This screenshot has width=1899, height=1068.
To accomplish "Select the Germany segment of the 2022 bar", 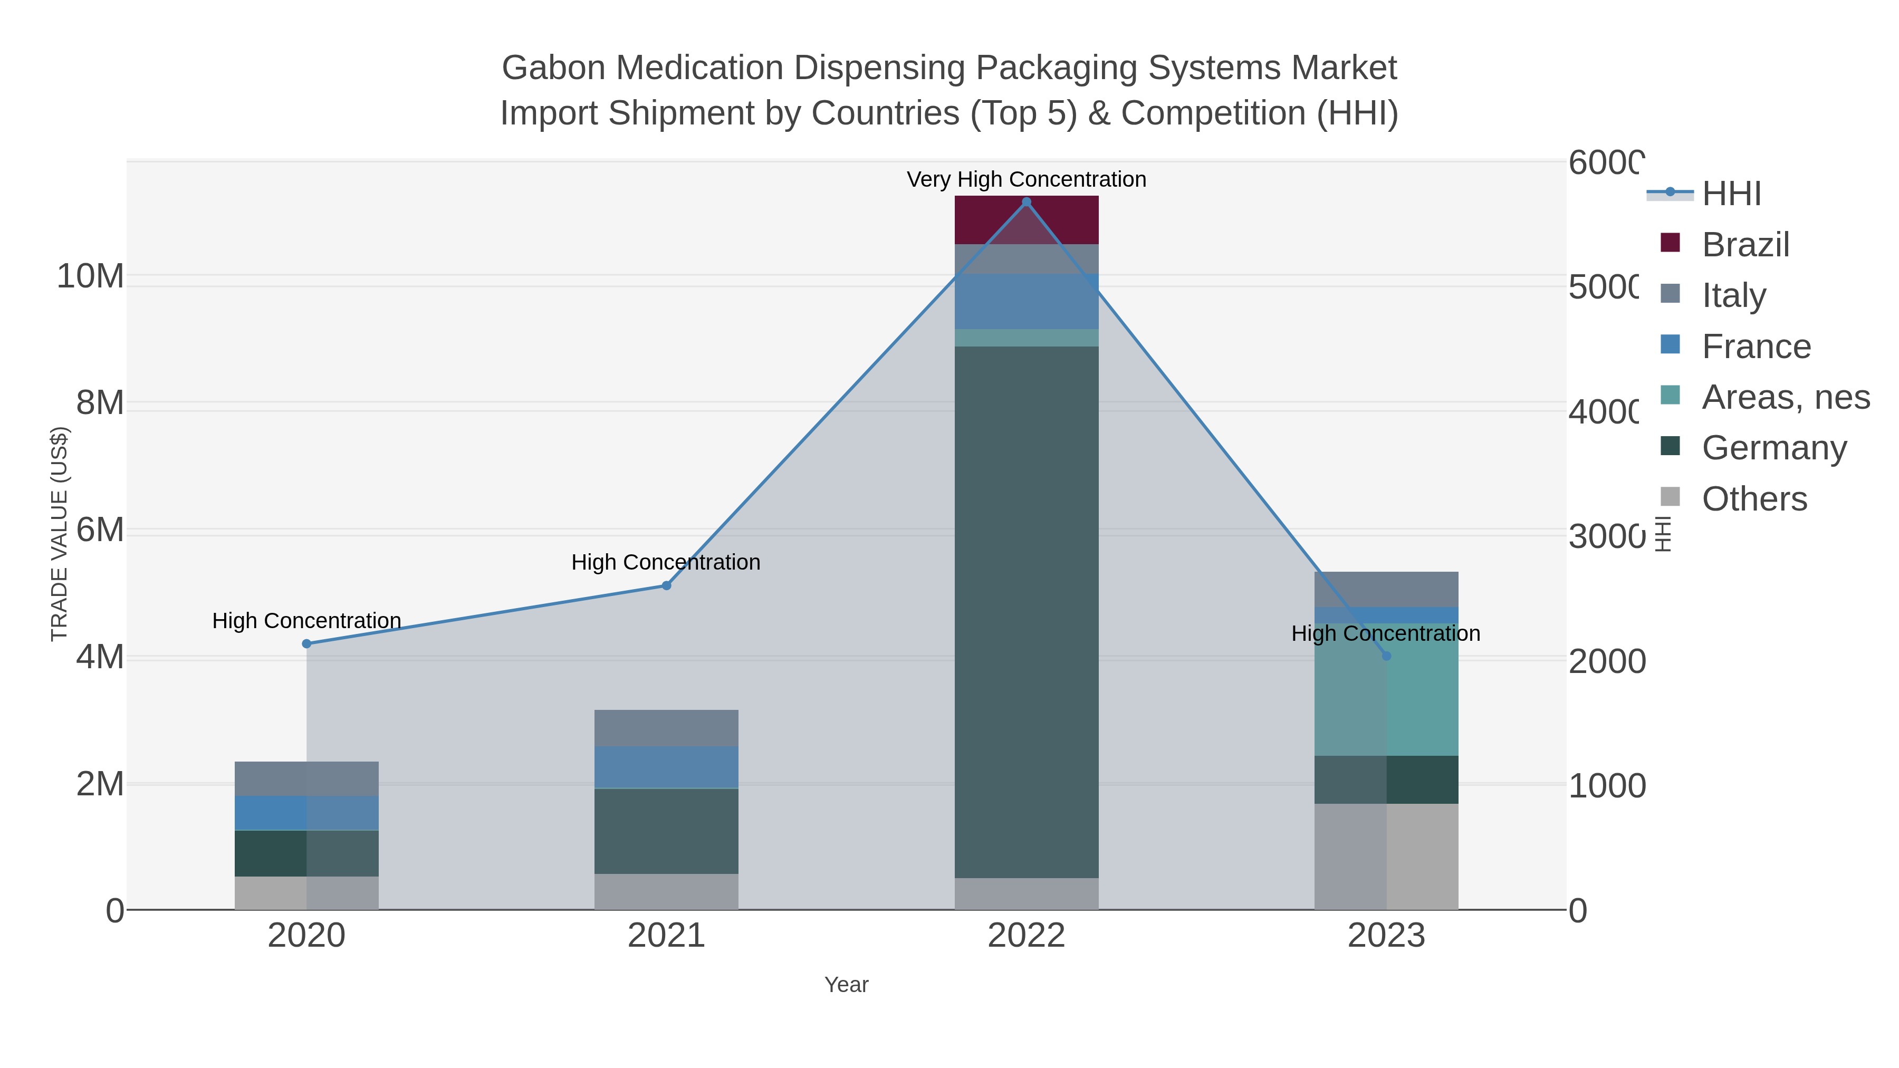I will coord(1026,612).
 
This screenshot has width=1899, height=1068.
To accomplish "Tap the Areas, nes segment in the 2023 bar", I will coord(1386,690).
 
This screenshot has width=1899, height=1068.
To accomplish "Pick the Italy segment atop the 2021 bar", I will coord(666,728).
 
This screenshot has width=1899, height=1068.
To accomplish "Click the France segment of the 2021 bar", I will coord(666,767).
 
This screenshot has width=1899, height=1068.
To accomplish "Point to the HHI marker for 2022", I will coord(1026,202).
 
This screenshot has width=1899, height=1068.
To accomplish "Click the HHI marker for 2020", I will coord(306,643).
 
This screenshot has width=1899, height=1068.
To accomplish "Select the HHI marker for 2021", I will coord(666,585).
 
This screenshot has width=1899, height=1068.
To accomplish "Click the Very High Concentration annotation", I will coord(1026,179).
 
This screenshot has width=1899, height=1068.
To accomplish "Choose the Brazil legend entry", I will coord(1745,245).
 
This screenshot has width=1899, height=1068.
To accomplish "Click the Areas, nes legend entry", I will coord(1785,397).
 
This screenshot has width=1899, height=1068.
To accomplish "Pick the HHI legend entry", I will coord(1731,194).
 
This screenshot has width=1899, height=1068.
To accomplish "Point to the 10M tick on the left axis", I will coord(90,276).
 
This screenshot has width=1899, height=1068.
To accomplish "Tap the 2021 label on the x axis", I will coord(666,935).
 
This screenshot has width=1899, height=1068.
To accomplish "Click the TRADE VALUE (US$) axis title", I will coord(59,534).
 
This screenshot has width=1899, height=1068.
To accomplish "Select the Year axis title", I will coord(846,985).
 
